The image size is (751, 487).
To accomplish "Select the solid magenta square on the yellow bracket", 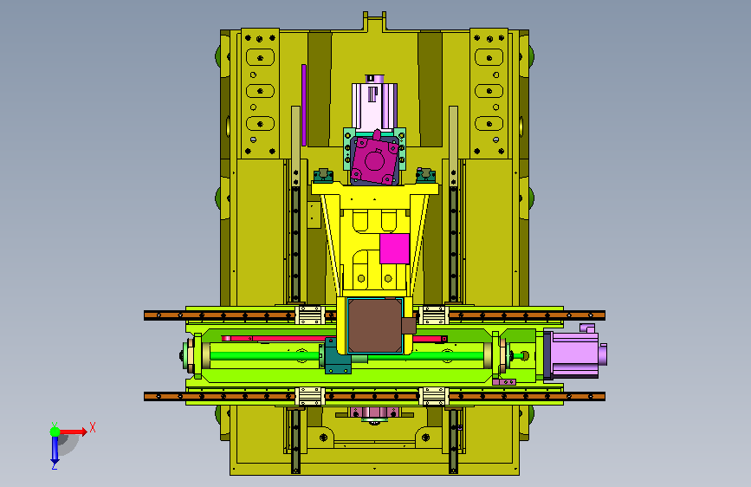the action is click(395, 249).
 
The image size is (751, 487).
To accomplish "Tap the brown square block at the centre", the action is click(375, 326).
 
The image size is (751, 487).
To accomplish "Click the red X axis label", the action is click(93, 427).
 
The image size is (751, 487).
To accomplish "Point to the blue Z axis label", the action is click(55, 464).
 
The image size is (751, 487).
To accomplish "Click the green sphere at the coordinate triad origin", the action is click(55, 432).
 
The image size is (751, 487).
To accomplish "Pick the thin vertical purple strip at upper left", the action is click(304, 105).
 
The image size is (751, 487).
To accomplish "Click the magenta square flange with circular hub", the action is click(374, 160).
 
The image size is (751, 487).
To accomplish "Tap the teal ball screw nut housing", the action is click(338, 356).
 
